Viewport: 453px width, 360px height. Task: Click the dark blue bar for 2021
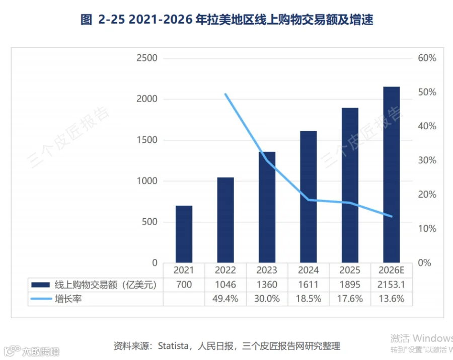tap(184, 234)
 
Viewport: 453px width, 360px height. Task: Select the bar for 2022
tap(225, 220)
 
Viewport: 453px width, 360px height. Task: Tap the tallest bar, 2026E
tap(392, 174)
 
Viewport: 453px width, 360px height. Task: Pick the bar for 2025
tap(350, 186)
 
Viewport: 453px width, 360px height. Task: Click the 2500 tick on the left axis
tap(147, 58)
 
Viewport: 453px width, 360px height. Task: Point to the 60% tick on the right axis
tap(427, 58)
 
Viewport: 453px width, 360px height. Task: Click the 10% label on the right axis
tap(427, 229)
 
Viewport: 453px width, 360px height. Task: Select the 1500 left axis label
tap(147, 140)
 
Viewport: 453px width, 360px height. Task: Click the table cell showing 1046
tap(225, 285)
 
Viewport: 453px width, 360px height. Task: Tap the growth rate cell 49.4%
tap(225, 299)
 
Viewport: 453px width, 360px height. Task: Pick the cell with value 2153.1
tap(392, 285)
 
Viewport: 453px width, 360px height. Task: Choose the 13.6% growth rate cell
tap(392, 299)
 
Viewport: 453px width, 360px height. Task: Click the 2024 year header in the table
tap(308, 270)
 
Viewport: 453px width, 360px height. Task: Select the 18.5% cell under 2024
tap(308, 299)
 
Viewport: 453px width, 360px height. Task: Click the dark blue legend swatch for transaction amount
tap(40, 285)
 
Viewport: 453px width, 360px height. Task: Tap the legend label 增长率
tap(68, 299)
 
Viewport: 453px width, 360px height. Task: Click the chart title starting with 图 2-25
tap(227, 20)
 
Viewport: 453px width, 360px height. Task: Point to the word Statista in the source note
tap(173, 345)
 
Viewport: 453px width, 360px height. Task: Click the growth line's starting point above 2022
tap(225, 94)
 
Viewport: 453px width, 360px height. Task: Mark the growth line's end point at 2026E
tap(392, 216)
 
